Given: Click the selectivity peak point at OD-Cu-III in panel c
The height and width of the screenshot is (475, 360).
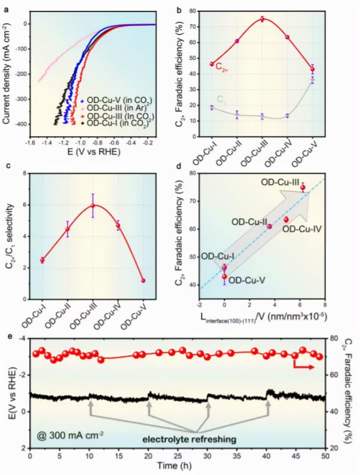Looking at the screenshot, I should pos(92,206).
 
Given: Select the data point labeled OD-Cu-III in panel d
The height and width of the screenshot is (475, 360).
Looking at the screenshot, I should pos(302,188).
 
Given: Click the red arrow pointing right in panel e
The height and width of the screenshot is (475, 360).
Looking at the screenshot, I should pos(304,365).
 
